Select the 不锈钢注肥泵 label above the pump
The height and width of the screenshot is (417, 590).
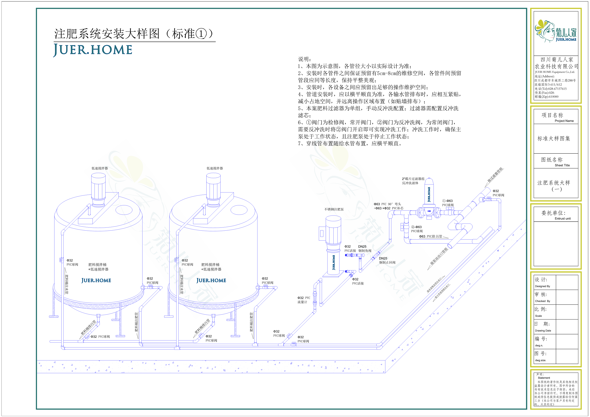[x=334, y=209]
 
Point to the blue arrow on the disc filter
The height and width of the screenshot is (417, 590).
[x=429, y=211]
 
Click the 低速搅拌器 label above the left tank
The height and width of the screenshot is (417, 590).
[x=100, y=168]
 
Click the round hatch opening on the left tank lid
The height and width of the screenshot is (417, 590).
[x=124, y=210]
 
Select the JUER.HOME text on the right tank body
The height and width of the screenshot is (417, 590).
[x=211, y=280]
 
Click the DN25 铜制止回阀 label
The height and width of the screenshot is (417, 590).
[x=387, y=260]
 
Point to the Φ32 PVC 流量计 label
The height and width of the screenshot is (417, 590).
[x=304, y=300]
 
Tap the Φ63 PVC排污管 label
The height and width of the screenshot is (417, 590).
[x=431, y=236]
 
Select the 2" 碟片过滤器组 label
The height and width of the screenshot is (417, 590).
[x=413, y=179]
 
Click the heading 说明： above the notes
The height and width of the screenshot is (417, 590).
[x=305, y=59]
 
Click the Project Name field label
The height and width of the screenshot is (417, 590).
[x=564, y=121]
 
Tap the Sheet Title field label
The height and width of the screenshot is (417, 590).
[x=562, y=165]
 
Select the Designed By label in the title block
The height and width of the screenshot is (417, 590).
[x=542, y=286]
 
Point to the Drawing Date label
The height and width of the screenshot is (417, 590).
[x=543, y=331]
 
